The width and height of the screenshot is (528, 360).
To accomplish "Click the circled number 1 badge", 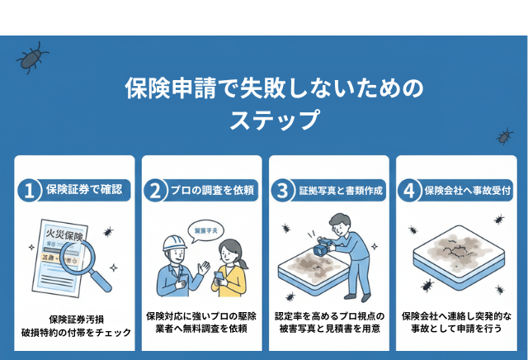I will (x=30, y=191).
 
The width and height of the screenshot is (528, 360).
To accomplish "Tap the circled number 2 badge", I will (x=156, y=191).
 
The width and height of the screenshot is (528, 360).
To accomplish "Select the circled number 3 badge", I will (x=283, y=191).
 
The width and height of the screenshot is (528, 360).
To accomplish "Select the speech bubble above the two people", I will (x=203, y=229).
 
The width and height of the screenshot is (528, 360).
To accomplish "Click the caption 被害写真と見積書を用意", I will (x=328, y=329).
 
